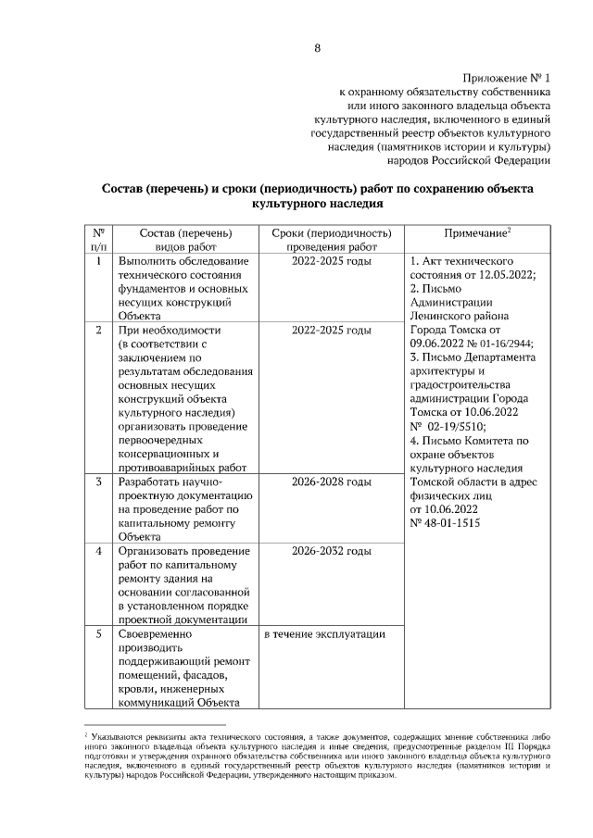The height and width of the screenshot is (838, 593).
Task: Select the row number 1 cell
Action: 98,261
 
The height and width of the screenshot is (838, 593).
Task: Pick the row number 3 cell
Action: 98,482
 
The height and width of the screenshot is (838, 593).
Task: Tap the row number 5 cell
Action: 98,634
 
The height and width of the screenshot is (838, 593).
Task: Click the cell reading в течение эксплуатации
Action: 324,634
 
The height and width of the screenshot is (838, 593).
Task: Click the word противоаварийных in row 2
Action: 173,468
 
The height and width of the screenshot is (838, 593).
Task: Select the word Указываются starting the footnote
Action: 112,732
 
